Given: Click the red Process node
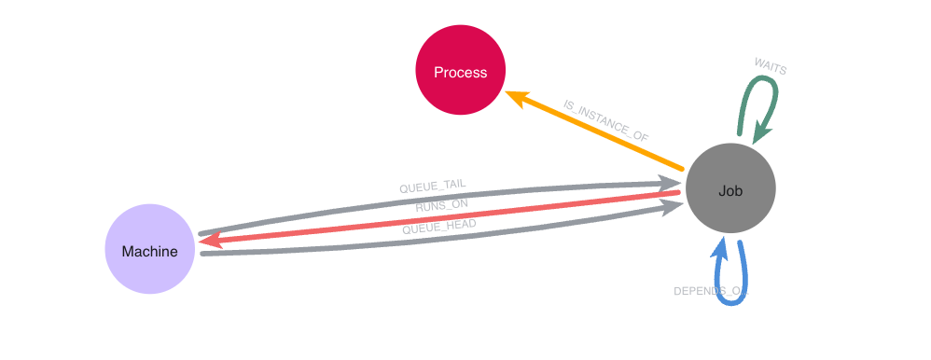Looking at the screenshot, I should click(x=460, y=71).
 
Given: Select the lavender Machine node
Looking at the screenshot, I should click(x=149, y=249).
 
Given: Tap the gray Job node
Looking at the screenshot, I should click(x=730, y=189).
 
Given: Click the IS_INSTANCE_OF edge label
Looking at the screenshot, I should click(x=606, y=120).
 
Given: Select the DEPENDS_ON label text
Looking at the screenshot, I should click(x=711, y=291).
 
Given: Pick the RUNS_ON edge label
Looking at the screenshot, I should click(x=442, y=205).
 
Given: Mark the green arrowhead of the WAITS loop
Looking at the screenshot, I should click(x=760, y=134).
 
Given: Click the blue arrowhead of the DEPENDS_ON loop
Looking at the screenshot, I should click(x=720, y=245).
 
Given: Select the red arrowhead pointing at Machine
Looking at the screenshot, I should click(x=211, y=241).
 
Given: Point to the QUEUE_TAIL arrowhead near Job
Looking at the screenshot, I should click(x=672, y=184).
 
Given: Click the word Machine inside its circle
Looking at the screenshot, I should click(x=149, y=251).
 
